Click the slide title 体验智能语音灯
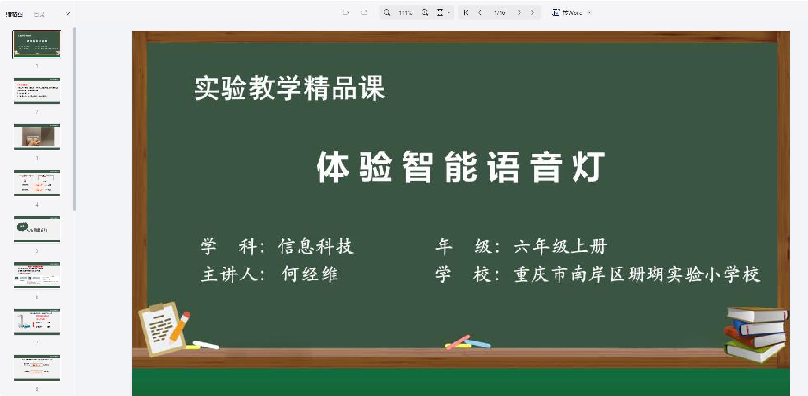[460, 167]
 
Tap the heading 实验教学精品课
[289, 88]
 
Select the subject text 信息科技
[316, 246]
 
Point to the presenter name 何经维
[310, 274]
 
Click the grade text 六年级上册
[560, 246]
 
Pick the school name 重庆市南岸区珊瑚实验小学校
[637, 274]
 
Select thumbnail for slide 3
[37, 137]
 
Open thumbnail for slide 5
[37, 229]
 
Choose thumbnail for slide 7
[37, 322]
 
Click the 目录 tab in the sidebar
[39, 14]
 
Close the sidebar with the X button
[68, 14]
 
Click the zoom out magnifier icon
[387, 12]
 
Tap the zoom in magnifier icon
[425, 12]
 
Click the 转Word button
[568, 12]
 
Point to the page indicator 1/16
[500, 12]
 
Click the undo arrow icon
[345, 12]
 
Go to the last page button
[533, 12]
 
